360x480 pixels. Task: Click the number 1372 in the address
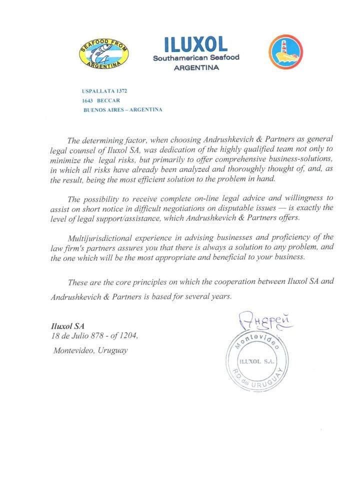point(121,91)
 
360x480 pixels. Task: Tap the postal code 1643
point(88,100)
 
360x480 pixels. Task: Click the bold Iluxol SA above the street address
point(66,325)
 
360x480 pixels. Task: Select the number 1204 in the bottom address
point(126,335)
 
